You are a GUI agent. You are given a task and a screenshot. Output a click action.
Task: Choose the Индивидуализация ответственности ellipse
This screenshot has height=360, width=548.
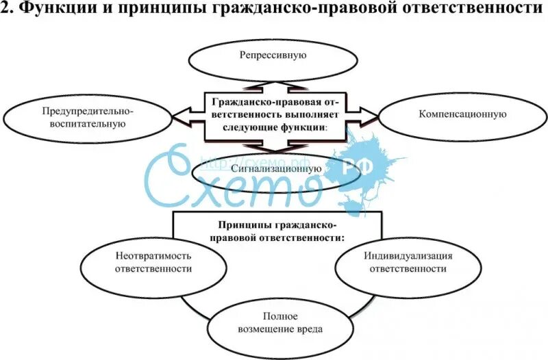[408, 261]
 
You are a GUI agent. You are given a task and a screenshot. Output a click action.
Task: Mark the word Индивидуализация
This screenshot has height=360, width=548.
[408, 255]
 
